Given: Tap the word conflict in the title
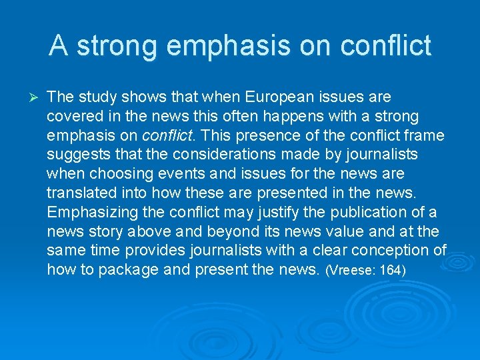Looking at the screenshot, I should tap(385, 46).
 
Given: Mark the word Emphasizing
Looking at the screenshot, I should tap(90, 213).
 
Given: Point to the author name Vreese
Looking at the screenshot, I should tap(353, 271).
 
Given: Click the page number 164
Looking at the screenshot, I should tap(393, 271).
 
